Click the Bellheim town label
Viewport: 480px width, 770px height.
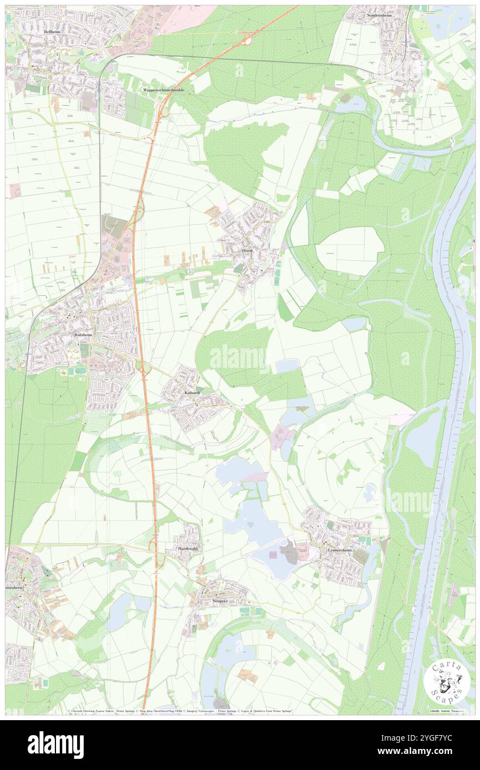pyautogui.click(x=52, y=33)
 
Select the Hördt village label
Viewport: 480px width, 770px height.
pyautogui.click(x=248, y=251)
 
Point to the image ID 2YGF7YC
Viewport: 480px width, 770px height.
pyautogui.click(x=432, y=737)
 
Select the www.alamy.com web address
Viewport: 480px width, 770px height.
pyautogui.click(x=424, y=751)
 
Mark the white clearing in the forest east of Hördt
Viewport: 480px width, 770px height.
pyautogui.click(x=349, y=250)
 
